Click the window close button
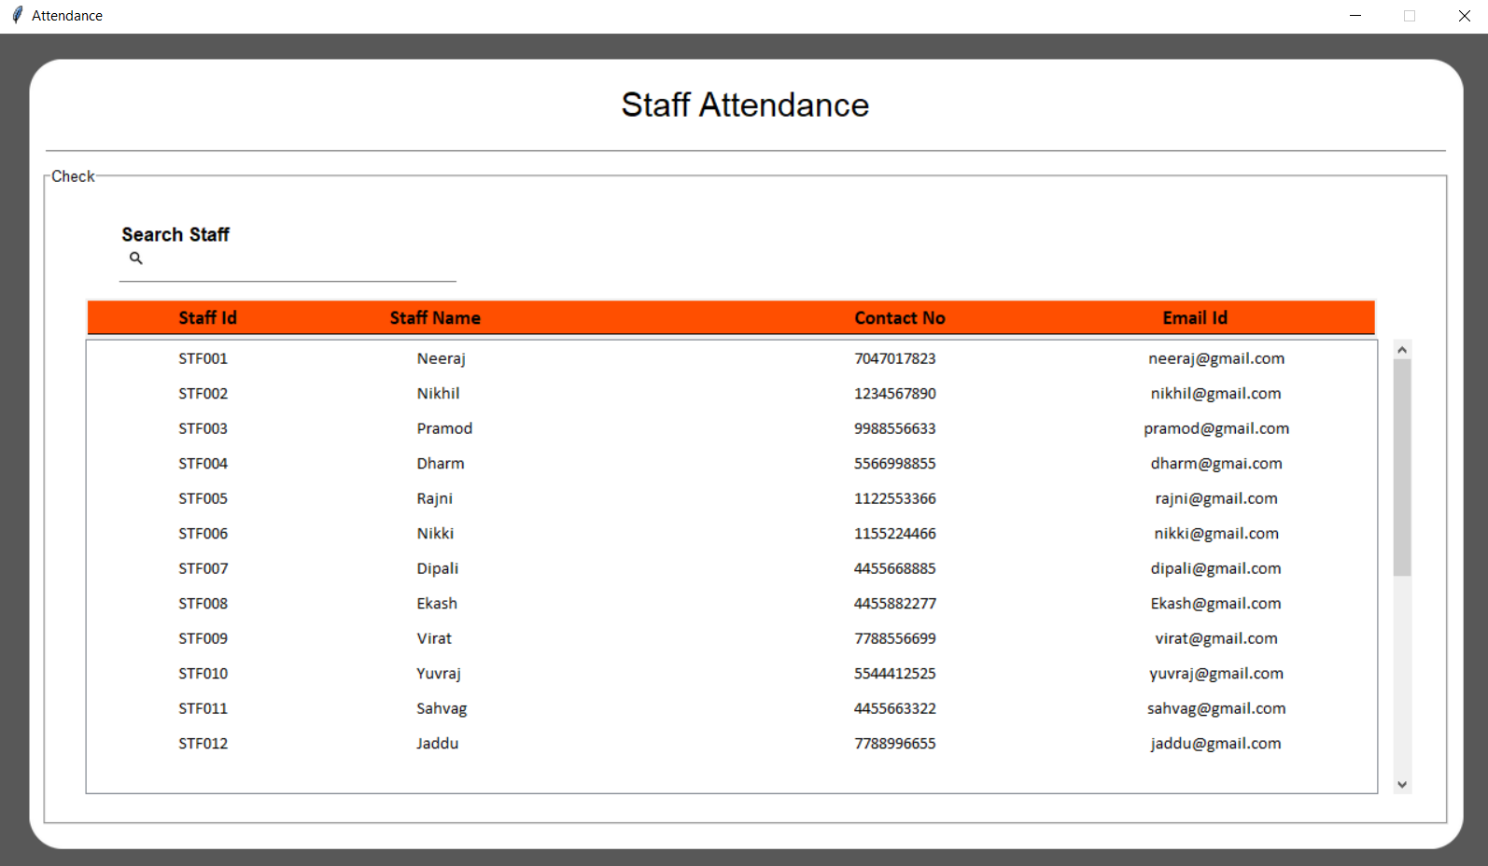[1464, 16]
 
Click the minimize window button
[1355, 16]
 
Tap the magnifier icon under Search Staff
[136, 258]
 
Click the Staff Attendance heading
[745, 105]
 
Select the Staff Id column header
[207, 318]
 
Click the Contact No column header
[899, 318]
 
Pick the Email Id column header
[1194, 318]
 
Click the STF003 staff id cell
[203, 428]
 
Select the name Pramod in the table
[444, 428]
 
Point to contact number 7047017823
[894, 358]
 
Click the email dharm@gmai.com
[1215, 464]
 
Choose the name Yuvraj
[439, 674]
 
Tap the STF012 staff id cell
[203, 744]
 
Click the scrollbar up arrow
[1401, 350]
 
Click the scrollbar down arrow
[1401, 785]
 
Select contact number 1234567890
[894, 394]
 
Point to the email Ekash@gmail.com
[1215, 604]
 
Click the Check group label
[73, 176]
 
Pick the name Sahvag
[442, 708]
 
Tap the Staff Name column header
[435, 318]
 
